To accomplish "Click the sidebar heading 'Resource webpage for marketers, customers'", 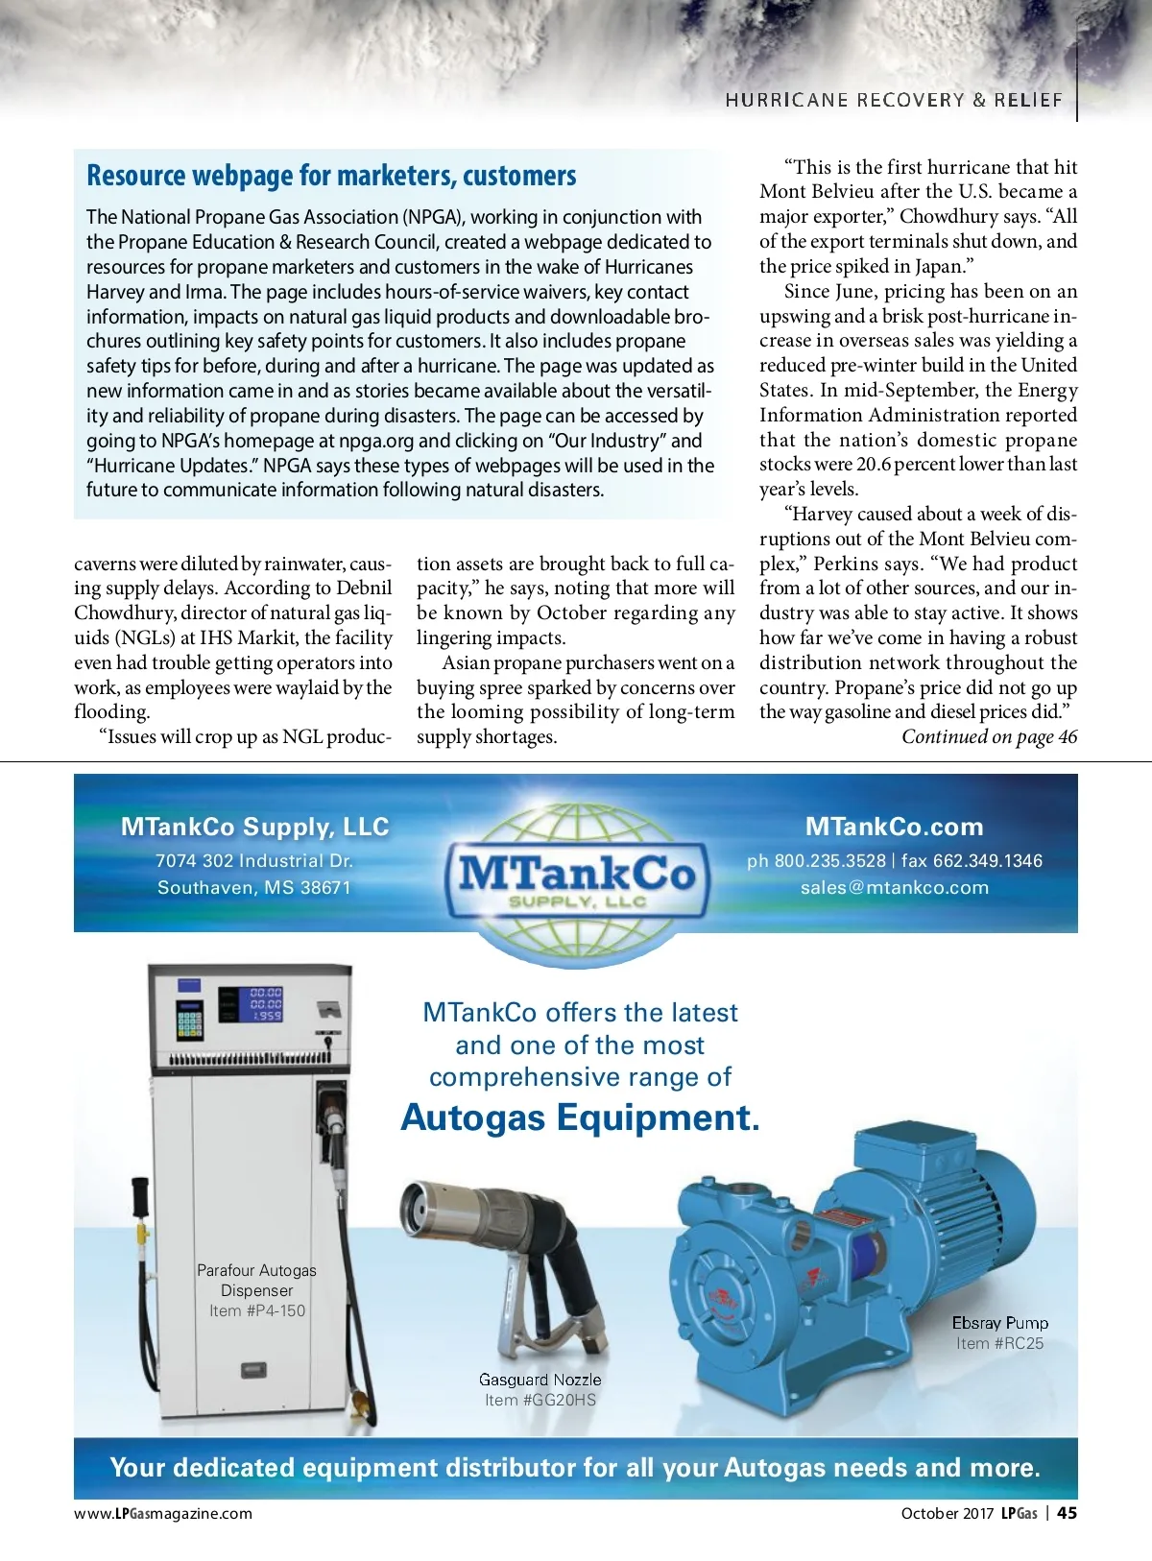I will [x=331, y=176].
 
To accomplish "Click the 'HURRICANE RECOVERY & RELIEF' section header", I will [x=894, y=100].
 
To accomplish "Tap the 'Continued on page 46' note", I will [x=989, y=736].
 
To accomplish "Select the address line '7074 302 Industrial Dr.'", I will [x=254, y=861].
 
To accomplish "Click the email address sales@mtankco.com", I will [x=894, y=887].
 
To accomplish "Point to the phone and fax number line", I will [x=894, y=861].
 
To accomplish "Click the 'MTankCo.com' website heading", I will [x=894, y=827].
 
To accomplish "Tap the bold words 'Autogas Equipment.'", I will [x=580, y=1117].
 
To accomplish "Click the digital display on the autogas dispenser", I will [x=264, y=1003].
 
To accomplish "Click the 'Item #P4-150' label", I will [x=257, y=1310].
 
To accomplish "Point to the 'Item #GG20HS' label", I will [x=540, y=1400].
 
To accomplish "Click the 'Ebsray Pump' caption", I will [x=999, y=1323].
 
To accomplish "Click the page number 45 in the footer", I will [x=1067, y=1513].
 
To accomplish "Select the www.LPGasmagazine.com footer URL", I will [x=163, y=1513].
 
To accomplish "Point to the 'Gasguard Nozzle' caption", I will [x=540, y=1380].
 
